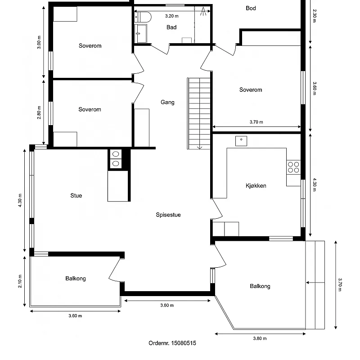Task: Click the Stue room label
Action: [x=76, y=196]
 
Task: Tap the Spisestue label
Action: [x=168, y=215]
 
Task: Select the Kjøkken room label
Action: [x=256, y=185]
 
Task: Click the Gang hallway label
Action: [x=167, y=102]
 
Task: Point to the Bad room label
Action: [x=171, y=27]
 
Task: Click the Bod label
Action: [x=251, y=8]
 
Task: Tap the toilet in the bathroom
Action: [x=143, y=17]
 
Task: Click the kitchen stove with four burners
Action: [x=293, y=167]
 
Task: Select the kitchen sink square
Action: [x=241, y=140]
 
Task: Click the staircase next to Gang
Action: [x=199, y=113]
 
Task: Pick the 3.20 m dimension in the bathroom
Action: [x=171, y=16]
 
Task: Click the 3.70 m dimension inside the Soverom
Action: [x=256, y=122]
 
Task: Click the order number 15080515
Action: [x=172, y=343]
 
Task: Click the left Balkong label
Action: [x=75, y=279]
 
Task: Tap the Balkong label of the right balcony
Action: [x=260, y=286]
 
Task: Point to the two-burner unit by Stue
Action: [x=115, y=159]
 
